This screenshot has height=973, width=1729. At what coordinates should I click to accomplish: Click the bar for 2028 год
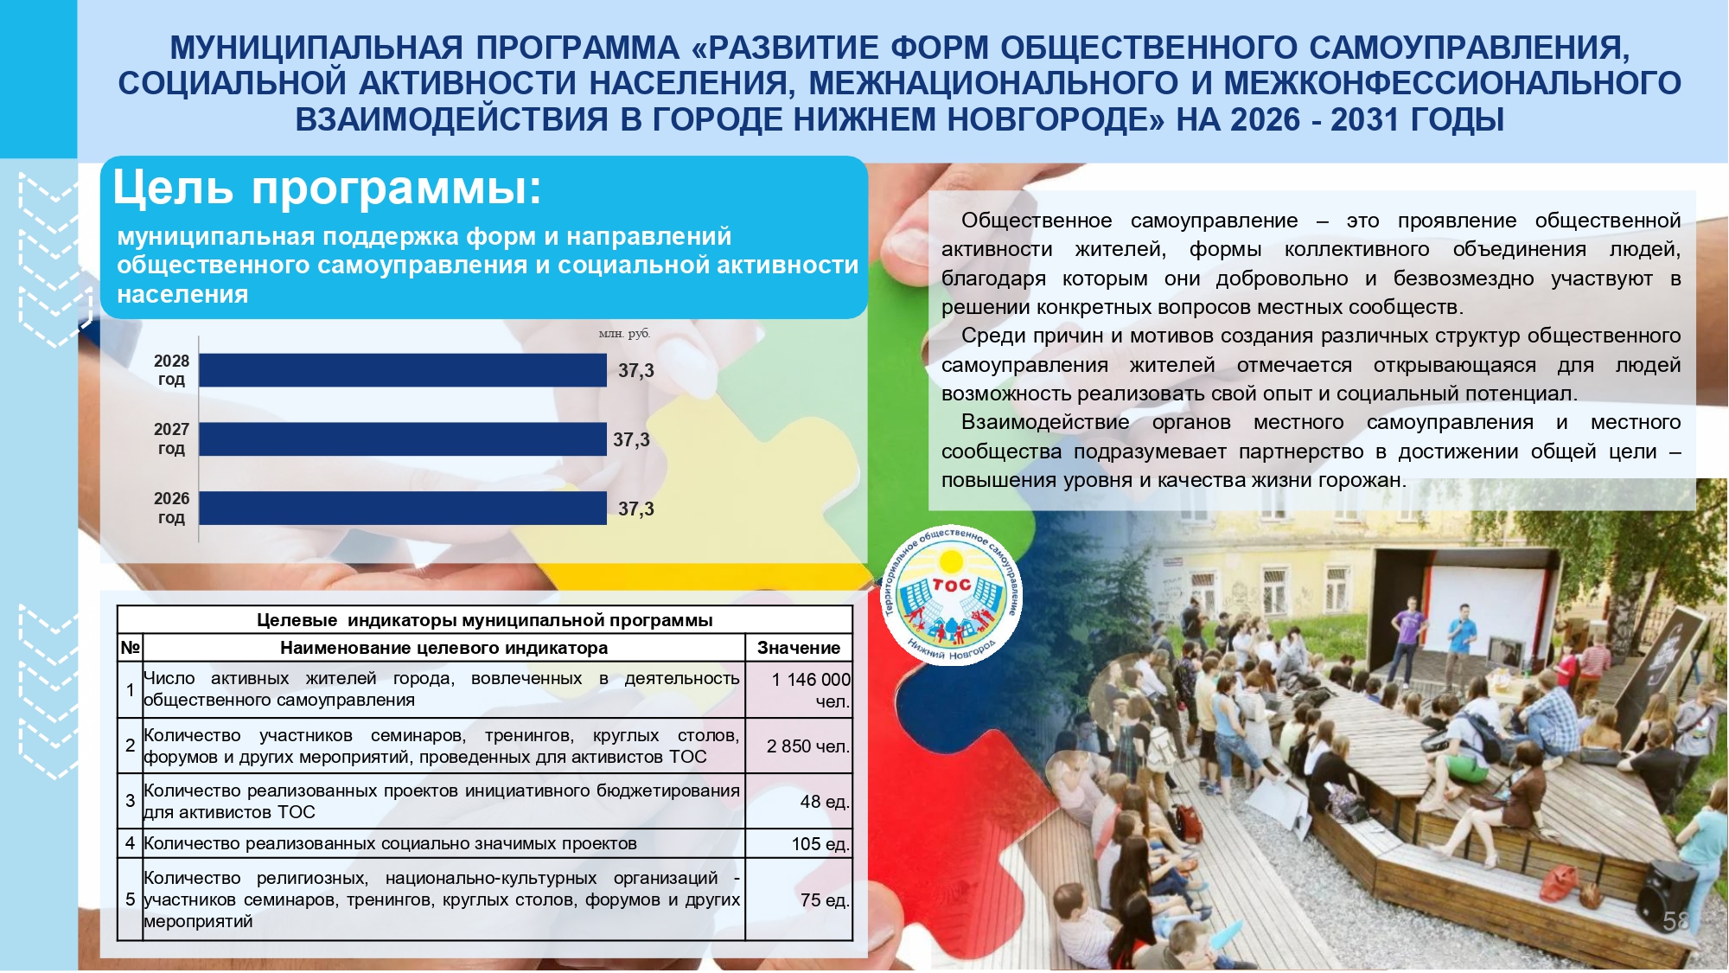(403, 370)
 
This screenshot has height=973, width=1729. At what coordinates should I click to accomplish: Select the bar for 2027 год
(403, 439)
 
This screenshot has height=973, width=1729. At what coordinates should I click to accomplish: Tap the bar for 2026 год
(403, 509)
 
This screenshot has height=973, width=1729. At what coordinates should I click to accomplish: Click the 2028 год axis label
(171, 370)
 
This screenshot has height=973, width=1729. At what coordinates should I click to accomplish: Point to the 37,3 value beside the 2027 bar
(631, 440)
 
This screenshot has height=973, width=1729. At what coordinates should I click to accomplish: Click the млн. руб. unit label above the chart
(624, 334)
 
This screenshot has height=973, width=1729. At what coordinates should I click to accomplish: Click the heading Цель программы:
(328, 188)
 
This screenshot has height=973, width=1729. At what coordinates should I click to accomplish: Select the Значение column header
(799, 648)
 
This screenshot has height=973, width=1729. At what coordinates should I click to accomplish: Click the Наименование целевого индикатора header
(443, 648)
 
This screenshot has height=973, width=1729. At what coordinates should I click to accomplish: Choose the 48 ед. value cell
(825, 802)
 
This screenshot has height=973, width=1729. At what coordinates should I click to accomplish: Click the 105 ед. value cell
(820, 844)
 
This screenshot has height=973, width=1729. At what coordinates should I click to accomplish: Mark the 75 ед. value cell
(825, 900)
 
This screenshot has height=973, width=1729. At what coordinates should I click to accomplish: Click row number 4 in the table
(130, 843)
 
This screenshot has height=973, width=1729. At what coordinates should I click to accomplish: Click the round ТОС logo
(951, 595)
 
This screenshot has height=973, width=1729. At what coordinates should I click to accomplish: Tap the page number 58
(1676, 921)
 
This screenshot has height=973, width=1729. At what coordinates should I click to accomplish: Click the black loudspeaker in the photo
(1667, 900)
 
